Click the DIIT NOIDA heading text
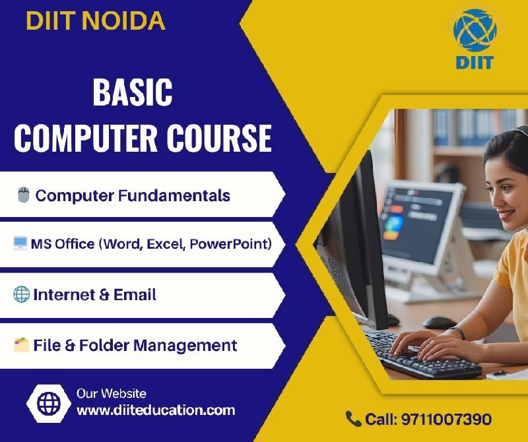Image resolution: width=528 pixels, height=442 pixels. click(x=96, y=21)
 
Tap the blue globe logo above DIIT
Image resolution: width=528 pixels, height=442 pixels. click(x=475, y=30)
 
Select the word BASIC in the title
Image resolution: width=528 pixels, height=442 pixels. click(x=133, y=92)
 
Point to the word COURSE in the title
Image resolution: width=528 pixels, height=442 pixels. click(x=219, y=138)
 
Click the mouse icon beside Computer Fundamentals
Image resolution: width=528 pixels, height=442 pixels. click(x=23, y=195)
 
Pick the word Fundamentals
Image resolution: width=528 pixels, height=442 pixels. click(x=174, y=195)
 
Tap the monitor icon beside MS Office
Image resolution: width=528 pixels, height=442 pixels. click(x=20, y=243)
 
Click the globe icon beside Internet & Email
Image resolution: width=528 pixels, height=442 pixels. click(x=22, y=294)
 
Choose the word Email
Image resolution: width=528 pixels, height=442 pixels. click(x=135, y=294)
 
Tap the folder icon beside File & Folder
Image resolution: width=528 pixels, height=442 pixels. click(x=22, y=345)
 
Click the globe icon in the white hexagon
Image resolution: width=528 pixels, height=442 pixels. click(x=49, y=403)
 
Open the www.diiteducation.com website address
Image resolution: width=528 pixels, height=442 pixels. click(x=156, y=410)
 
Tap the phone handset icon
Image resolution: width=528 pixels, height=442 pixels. click(x=353, y=419)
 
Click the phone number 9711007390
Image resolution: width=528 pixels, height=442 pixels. click(x=447, y=420)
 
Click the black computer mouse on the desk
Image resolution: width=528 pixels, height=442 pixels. click(x=440, y=323)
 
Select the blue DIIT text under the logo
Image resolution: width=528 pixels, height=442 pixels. click(x=475, y=63)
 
